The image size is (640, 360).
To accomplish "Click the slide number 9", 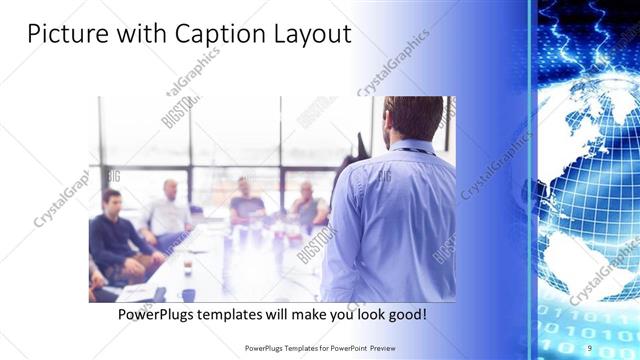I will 590,347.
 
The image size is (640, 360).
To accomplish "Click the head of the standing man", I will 413,117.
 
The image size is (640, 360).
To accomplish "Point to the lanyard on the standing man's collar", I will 412,150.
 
